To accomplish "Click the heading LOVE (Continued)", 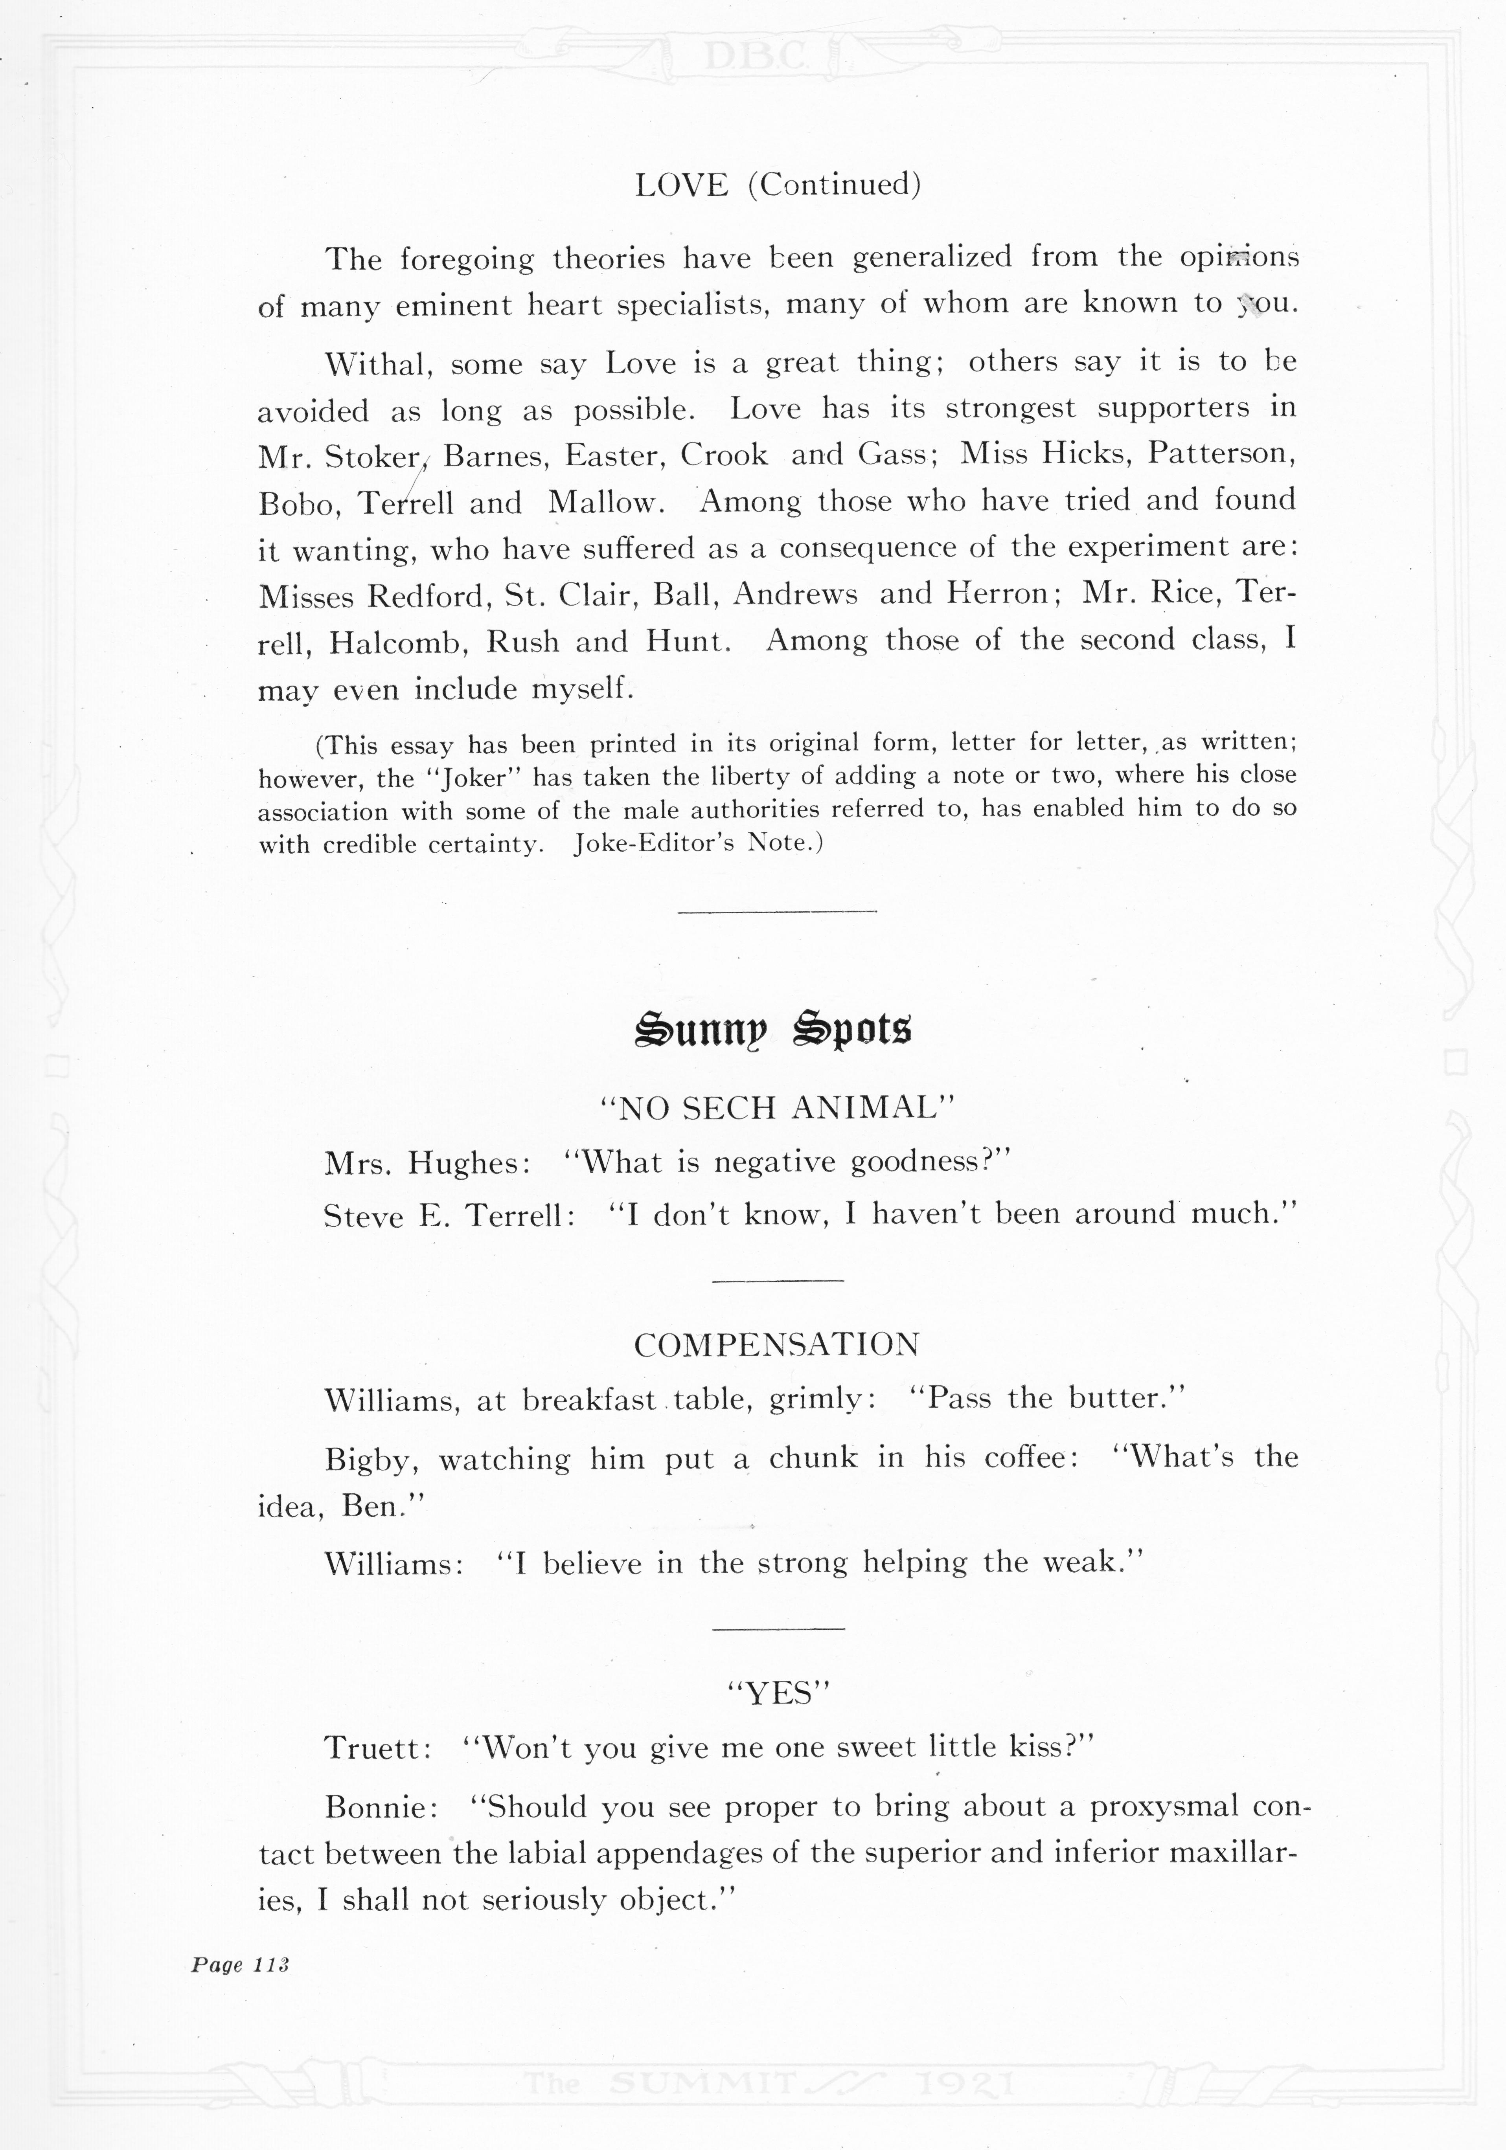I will pyautogui.click(x=777, y=184).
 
